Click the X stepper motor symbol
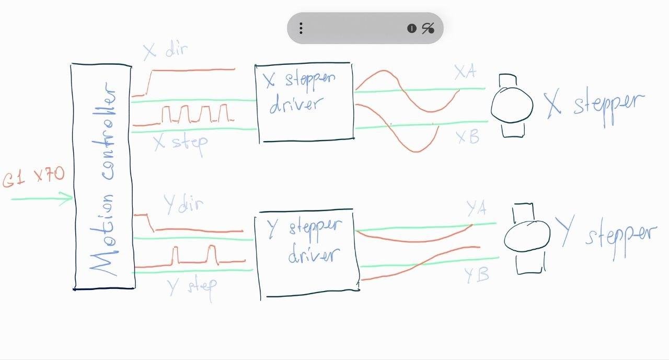click(x=512, y=105)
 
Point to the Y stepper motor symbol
click(x=527, y=238)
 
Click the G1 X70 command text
click(x=33, y=177)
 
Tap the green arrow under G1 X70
click(x=42, y=199)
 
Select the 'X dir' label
click(x=165, y=51)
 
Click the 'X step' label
click(x=181, y=142)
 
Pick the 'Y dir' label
click(x=183, y=204)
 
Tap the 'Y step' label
click(x=192, y=286)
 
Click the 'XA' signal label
click(x=465, y=72)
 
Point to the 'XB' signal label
click(x=467, y=137)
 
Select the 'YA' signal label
click(x=477, y=209)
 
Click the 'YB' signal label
click(x=476, y=275)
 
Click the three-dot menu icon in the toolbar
click(x=301, y=28)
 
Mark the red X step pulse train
click(x=194, y=114)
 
